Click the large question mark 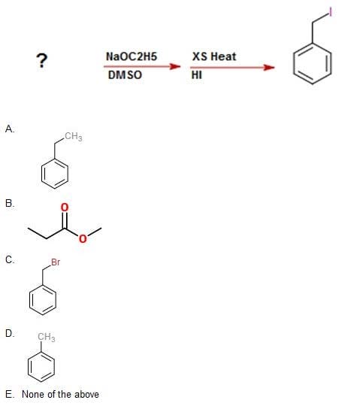(42, 60)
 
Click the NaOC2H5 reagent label (132, 56)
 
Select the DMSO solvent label (125, 75)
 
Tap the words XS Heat (214, 56)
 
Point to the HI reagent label (197, 75)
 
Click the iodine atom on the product (331, 12)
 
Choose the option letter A (10, 129)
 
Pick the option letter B (10, 203)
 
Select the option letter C (10, 259)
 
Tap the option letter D (10, 333)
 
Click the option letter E (9, 394)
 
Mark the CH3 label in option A (73, 136)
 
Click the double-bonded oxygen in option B (65, 208)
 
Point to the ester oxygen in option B (83, 238)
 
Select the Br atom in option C (56, 262)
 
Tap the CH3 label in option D (46, 337)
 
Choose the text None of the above (60, 394)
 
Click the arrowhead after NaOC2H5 (175, 66)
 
